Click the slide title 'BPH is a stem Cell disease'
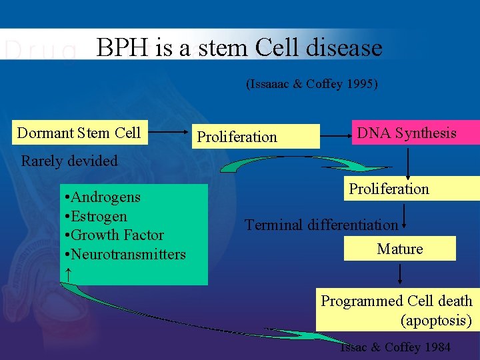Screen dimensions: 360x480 [239, 47]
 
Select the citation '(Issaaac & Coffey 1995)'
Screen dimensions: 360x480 [312, 84]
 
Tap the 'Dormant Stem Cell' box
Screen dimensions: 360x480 [79, 133]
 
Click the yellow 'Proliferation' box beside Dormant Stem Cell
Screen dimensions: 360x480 [255, 137]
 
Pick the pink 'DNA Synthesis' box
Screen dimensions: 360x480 [407, 133]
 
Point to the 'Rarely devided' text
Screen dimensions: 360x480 [69, 161]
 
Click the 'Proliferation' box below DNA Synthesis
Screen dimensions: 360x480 [389, 189]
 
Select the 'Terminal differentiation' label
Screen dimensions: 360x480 [321, 225]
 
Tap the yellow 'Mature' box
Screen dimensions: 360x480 [399, 249]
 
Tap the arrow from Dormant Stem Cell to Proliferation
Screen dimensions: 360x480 [170, 133]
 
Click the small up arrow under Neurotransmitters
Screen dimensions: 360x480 [68, 273]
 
